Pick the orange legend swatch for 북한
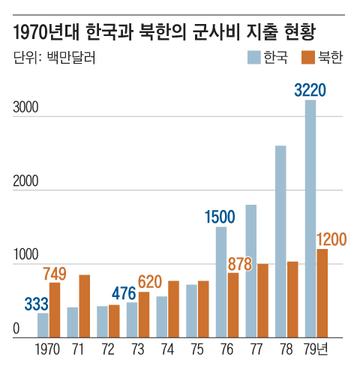click(x=307, y=57)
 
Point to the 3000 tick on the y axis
click(x=25, y=109)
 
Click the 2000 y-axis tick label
click(x=25, y=182)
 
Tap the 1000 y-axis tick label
click(x=25, y=256)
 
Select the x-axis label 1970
click(x=49, y=350)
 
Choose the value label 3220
click(x=310, y=90)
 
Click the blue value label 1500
click(x=220, y=217)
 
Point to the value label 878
click(x=239, y=263)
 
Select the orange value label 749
click(x=55, y=273)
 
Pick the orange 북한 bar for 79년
click(x=322, y=293)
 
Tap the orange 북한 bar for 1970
click(x=55, y=310)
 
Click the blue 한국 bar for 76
click(x=221, y=282)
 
